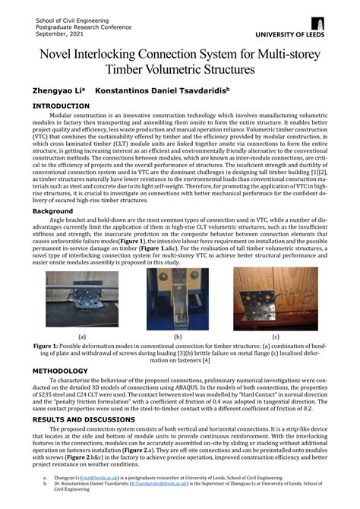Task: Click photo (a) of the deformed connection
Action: (x=81, y=299)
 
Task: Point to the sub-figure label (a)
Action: (x=81, y=335)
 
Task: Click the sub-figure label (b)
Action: (x=177, y=335)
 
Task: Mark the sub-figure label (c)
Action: (x=275, y=335)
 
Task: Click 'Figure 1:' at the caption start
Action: (x=48, y=345)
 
